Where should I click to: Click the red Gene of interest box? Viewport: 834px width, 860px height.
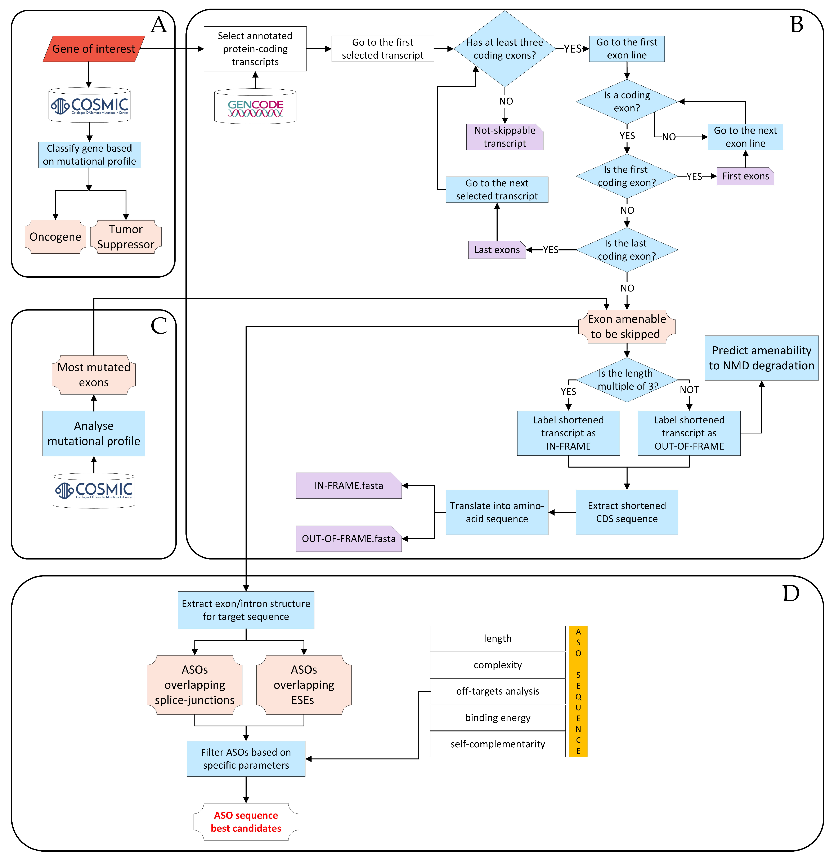tap(93, 49)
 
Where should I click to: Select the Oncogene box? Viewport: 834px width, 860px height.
tap(55, 237)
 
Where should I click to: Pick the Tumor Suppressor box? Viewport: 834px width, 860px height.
tap(126, 237)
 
